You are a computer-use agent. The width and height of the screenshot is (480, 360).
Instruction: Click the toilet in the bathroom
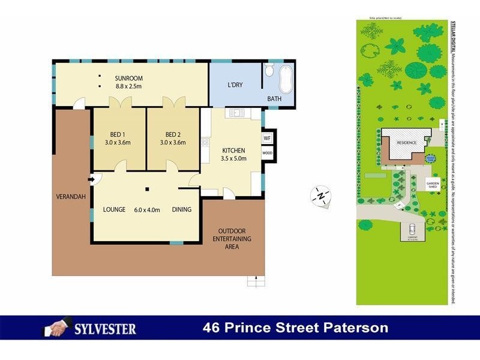(269, 71)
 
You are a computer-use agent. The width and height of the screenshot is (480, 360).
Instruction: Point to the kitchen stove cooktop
(205, 142)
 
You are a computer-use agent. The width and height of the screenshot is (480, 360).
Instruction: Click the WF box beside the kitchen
(267, 138)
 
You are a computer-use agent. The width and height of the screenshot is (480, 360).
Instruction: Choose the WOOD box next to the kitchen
(267, 153)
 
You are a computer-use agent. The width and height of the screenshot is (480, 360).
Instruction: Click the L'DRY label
(235, 85)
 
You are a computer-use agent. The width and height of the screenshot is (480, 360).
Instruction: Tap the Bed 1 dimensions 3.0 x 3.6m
(118, 142)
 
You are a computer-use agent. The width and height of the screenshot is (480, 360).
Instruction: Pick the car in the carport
(412, 229)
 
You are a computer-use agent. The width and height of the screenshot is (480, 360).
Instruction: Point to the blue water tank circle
(430, 159)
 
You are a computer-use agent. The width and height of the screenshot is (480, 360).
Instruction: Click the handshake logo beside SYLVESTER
(58, 328)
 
